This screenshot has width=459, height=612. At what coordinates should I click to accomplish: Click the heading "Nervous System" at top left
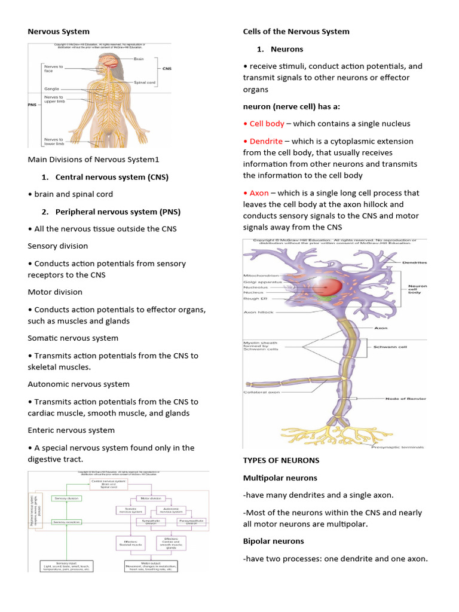pyautogui.click(x=59, y=32)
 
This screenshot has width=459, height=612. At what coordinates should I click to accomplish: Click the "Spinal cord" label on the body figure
pyautogui.click(x=145, y=82)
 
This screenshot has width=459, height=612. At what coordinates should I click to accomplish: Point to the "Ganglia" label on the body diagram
pyautogui.click(x=51, y=88)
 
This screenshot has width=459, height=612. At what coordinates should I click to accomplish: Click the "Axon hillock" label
pyautogui.click(x=258, y=312)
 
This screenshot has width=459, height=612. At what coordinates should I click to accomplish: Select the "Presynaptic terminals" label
pyautogui.click(x=397, y=446)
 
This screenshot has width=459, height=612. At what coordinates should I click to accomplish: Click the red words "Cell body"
pyautogui.click(x=267, y=124)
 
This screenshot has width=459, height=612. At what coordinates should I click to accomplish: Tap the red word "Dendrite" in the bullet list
pyautogui.click(x=266, y=141)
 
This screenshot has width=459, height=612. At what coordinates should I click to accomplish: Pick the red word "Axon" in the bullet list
pyautogui.click(x=259, y=193)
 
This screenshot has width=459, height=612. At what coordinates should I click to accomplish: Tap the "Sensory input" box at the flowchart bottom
pyautogui.click(x=66, y=565)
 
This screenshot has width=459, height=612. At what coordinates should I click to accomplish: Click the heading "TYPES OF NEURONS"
pyautogui.click(x=281, y=460)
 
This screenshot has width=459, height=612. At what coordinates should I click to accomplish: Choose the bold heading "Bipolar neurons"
pyautogui.click(x=273, y=541)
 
